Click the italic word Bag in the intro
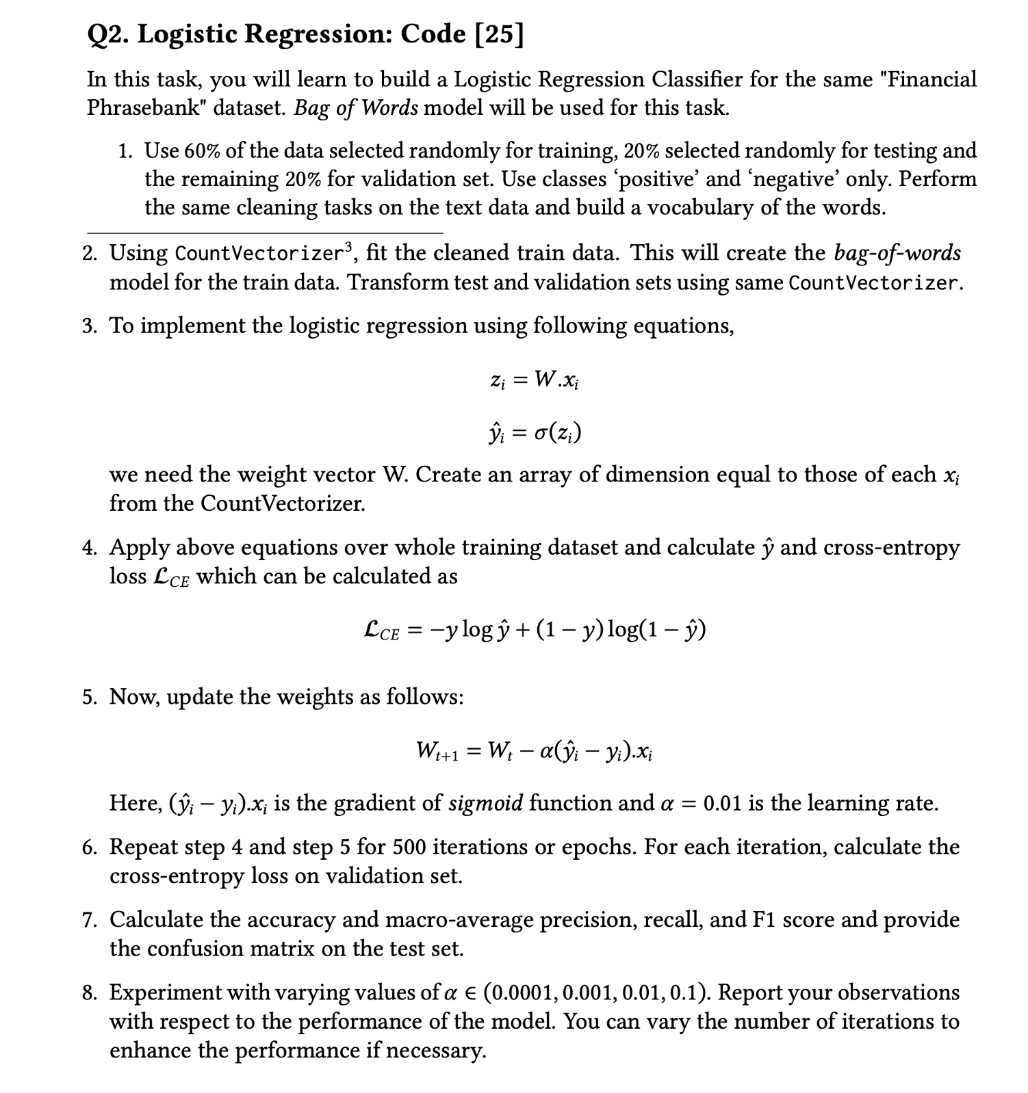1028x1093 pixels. [x=310, y=108]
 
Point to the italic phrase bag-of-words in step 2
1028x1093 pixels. [x=897, y=253]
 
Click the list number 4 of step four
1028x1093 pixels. [x=89, y=548]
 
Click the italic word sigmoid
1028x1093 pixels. [x=486, y=802]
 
